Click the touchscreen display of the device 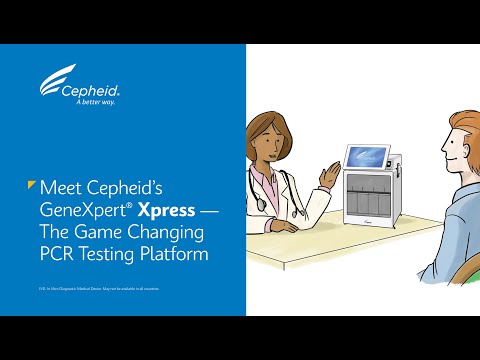pos(368,156)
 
